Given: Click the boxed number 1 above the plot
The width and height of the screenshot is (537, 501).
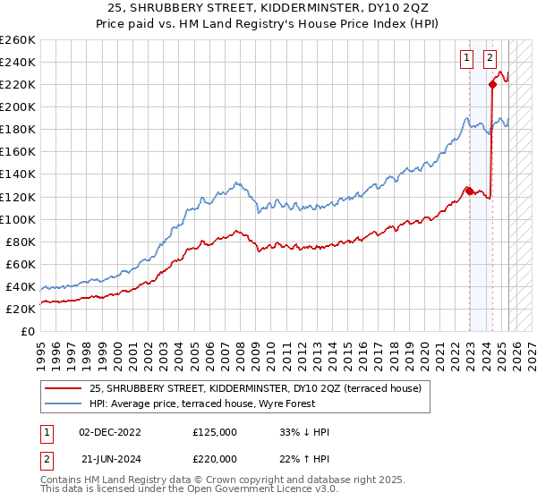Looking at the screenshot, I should pos(467,59).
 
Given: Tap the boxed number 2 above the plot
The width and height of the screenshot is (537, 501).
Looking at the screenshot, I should pos(490,59).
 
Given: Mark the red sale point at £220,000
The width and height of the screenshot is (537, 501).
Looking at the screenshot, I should pos(492,85).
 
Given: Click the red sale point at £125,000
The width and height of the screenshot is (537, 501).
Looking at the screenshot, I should pos(469,191).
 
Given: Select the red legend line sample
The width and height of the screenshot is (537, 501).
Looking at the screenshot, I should pos(64,387).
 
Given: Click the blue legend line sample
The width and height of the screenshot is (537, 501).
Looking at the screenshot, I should pos(64,403).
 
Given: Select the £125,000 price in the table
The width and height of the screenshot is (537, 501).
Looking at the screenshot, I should pos(215,432).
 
